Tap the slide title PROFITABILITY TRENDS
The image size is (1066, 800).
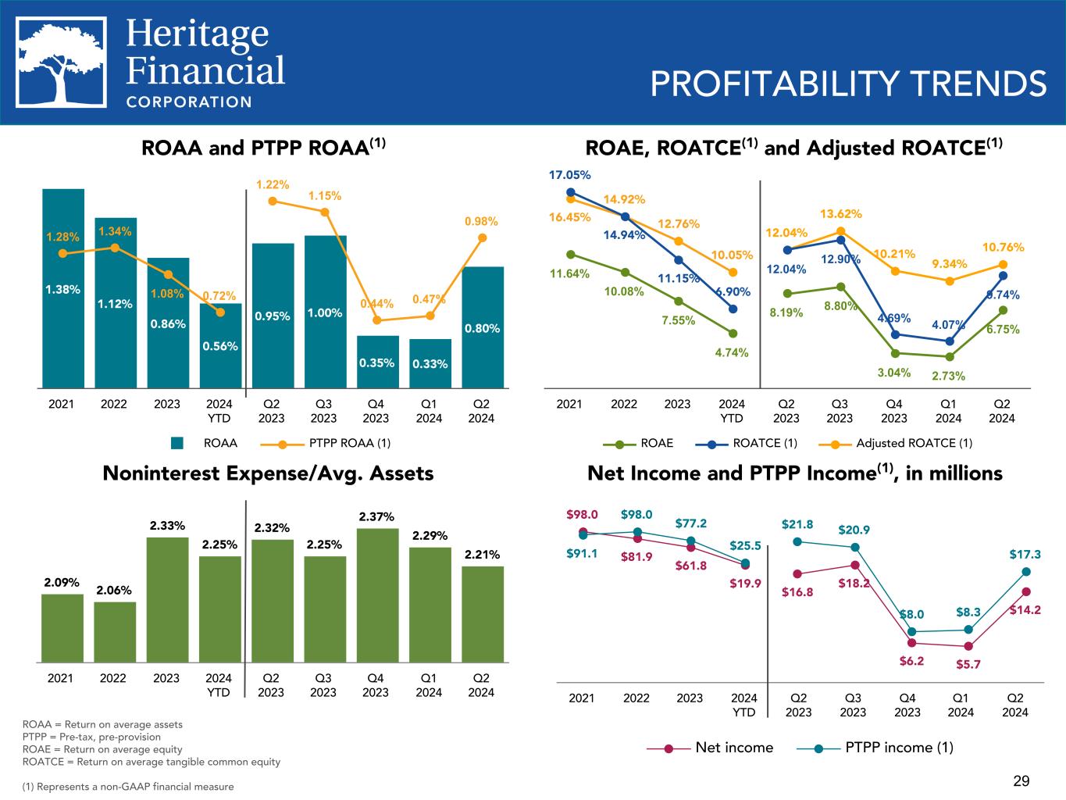coord(848,84)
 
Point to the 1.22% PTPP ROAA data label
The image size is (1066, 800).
coord(273,185)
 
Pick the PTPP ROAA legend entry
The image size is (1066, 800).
coord(325,443)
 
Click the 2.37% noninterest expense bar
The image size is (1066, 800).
coord(376,595)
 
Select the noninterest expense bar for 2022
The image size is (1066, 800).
coord(115,631)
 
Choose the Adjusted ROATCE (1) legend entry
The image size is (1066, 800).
coord(900,444)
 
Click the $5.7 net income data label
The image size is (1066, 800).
coord(968,665)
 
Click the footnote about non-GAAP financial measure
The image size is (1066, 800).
coord(128,787)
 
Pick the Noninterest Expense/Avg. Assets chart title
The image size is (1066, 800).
coord(268,473)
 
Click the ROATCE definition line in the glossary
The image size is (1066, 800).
coord(152,762)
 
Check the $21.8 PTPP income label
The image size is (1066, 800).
coord(797,524)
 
